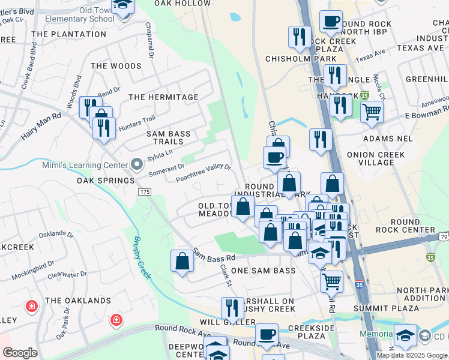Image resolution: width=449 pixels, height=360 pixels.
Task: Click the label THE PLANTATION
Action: (x=68, y=34)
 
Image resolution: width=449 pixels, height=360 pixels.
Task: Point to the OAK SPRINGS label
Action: (x=106, y=181)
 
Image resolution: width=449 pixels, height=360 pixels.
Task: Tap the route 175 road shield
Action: (x=143, y=191)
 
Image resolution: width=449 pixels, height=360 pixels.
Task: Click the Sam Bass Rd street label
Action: (x=214, y=257)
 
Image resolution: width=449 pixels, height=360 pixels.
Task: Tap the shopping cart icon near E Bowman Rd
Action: (x=372, y=110)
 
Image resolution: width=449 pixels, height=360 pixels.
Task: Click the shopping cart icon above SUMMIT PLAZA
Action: (x=331, y=280)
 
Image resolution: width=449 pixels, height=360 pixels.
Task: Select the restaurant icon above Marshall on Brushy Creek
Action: (x=232, y=307)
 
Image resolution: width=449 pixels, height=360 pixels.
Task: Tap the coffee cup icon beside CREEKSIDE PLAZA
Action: (x=267, y=334)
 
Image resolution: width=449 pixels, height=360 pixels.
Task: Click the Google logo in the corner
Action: (x=20, y=353)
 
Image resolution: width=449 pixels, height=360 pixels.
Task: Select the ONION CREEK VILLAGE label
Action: (x=376, y=158)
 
